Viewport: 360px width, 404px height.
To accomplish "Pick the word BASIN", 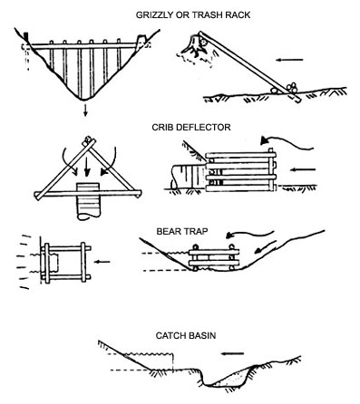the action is point(200,335).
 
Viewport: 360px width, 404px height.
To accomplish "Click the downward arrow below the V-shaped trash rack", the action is point(85,111).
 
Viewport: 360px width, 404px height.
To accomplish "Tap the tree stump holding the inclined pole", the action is point(198,44).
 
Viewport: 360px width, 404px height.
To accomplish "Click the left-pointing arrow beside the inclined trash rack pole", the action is point(289,60).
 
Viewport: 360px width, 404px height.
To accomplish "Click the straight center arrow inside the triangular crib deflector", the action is point(87,165).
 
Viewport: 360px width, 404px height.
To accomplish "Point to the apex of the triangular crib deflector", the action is point(88,140).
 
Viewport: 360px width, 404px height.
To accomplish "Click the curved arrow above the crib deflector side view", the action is point(287,143).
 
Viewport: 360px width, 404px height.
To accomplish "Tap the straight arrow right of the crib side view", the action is point(303,169).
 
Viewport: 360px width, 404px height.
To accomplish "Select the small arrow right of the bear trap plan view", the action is point(102,262).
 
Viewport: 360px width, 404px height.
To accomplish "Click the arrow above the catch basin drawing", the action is point(232,353).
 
